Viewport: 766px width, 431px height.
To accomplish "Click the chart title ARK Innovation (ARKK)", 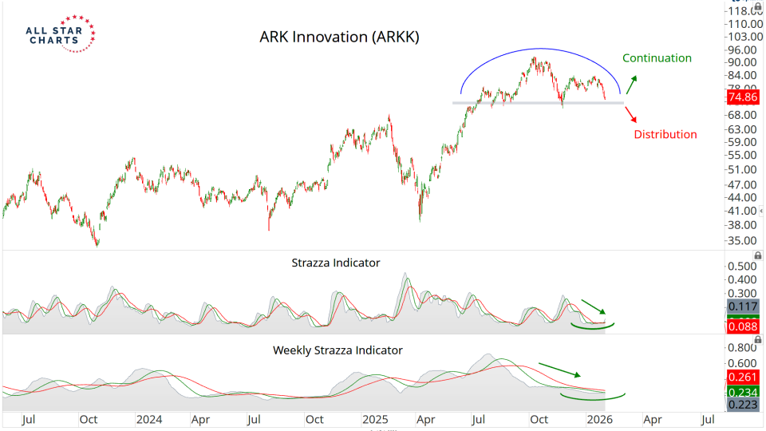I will pyautogui.click(x=339, y=38).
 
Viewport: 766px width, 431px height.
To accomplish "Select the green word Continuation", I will pyautogui.click(x=657, y=58).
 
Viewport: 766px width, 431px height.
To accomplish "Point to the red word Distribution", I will pyautogui.click(x=665, y=134).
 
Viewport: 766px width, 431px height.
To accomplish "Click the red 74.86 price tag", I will pyautogui.click(x=742, y=97).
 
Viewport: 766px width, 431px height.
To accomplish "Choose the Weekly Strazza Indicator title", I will pyautogui.click(x=338, y=350).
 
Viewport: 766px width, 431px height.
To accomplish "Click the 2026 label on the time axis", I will pyautogui.click(x=598, y=418).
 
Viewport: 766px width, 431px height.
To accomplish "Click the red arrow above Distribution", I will pyautogui.click(x=630, y=113).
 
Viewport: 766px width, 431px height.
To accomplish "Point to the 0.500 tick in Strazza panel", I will pyautogui.click(x=743, y=267).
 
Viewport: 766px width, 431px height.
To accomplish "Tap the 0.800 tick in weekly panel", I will pyautogui.click(x=743, y=348).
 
